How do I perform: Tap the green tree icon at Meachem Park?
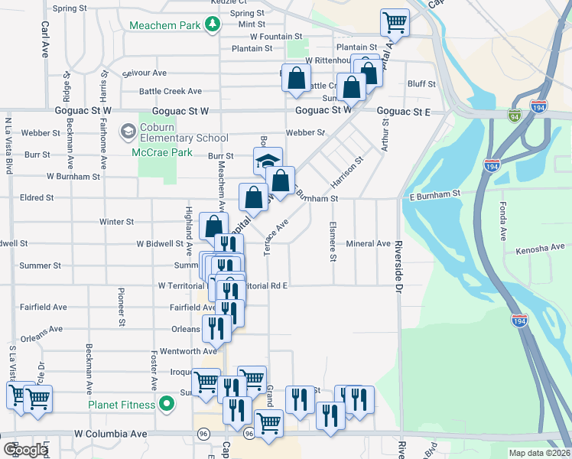pyautogui.click(x=212, y=25)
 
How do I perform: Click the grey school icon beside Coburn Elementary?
pyautogui.click(x=127, y=132)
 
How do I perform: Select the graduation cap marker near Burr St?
pyautogui.click(x=268, y=162)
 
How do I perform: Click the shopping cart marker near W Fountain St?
pyautogui.click(x=395, y=23)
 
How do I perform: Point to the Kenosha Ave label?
pyautogui.click(x=540, y=249)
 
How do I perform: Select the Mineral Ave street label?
pyautogui.click(x=369, y=244)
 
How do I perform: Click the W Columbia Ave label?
pyautogui.click(x=111, y=434)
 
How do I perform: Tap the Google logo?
pyautogui.click(x=26, y=450)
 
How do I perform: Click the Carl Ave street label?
pyautogui.click(x=44, y=38)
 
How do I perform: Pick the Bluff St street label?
pyautogui.click(x=421, y=84)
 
